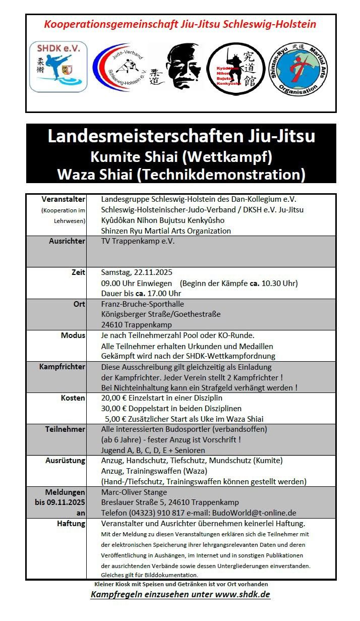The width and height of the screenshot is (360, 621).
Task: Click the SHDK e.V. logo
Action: (58, 67)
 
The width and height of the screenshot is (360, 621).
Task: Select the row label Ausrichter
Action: (68, 241)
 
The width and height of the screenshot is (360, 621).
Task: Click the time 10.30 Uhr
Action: (279, 283)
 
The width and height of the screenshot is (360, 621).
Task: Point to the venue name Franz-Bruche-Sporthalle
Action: (143, 304)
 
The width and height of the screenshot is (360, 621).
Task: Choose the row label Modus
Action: (73, 335)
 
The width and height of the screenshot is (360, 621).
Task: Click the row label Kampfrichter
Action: (62, 367)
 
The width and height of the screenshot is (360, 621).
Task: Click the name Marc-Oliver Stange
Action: (134, 492)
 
